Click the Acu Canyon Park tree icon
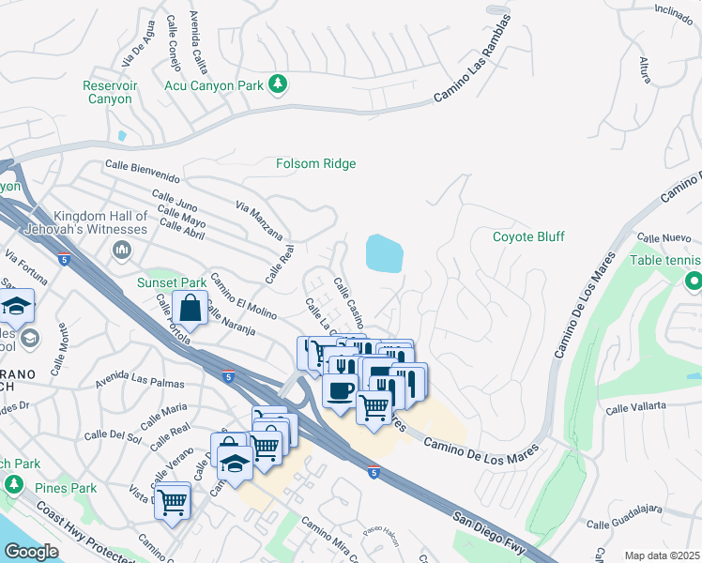coord(278,85)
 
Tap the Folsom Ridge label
coord(315,164)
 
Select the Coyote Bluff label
coord(528,236)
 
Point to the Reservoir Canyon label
coord(111,92)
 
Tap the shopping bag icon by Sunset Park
coord(190,307)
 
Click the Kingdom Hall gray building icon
coord(121,250)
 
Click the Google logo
coord(32,552)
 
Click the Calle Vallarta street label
coord(636,406)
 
